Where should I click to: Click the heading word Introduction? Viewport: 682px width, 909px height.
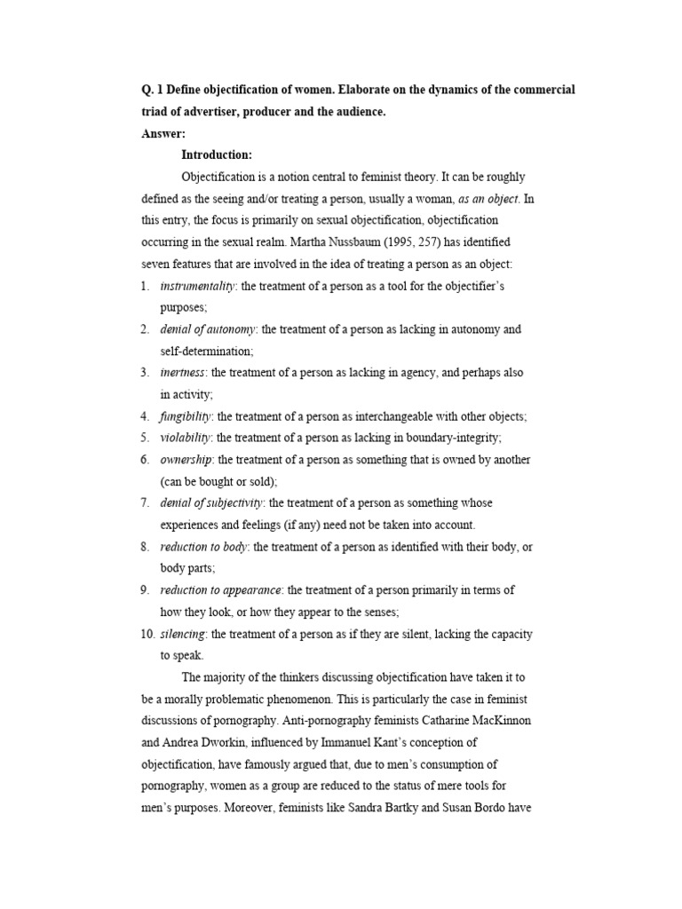point(217,155)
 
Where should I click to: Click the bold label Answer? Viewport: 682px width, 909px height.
point(163,134)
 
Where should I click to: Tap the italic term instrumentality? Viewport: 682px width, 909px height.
point(197,286)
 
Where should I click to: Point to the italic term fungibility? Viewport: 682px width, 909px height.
point(186,416)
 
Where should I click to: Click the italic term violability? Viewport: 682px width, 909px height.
point(186,438)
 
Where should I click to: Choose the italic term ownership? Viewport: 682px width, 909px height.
point(186,460)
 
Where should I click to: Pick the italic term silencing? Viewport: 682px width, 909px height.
point(183,634)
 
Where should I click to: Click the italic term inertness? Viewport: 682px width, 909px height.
point(182,373)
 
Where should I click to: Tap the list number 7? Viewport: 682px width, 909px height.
point(144,503)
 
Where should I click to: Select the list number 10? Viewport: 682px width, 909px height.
point(147,634)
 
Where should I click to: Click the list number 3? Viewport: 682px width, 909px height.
point(144,373)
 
